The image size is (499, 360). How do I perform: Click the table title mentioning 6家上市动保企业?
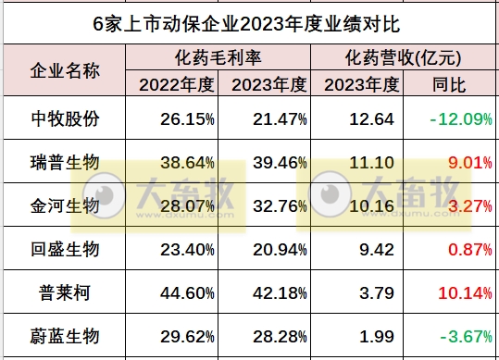(x=250, y=21)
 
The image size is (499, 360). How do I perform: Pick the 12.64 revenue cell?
(x=374, y=120)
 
